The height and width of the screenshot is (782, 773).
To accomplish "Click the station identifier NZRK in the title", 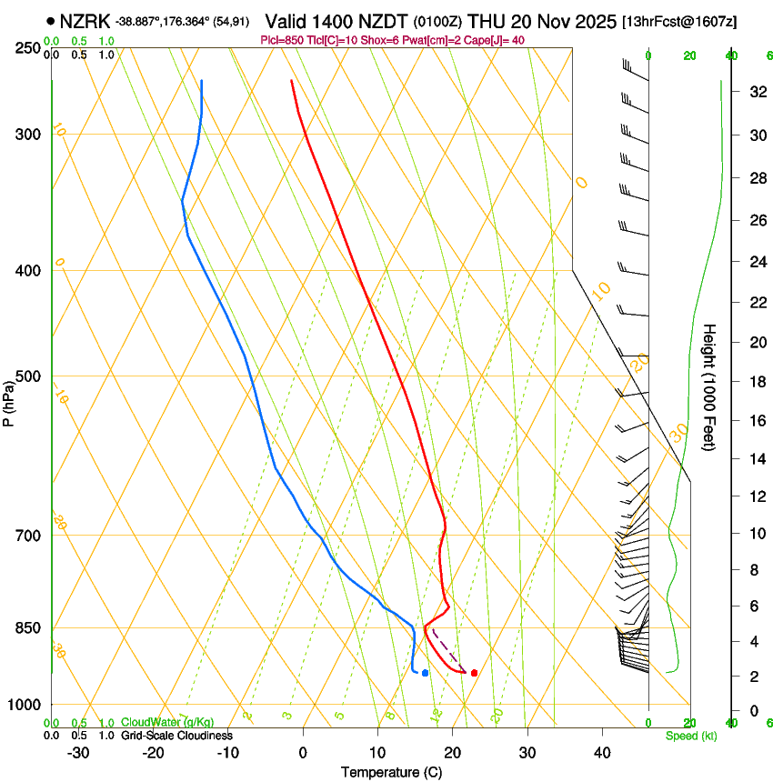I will pos(85,21).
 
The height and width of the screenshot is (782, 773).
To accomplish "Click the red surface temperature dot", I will pos(474,673).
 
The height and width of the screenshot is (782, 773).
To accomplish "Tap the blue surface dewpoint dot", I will pos(425,673).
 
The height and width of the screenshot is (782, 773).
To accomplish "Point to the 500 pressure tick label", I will pos(28,376).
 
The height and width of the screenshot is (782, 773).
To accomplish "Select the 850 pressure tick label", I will pos(28,628).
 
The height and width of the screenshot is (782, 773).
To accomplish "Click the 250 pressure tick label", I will pos(28,47).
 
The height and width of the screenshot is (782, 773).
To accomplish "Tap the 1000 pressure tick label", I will pos(25,705).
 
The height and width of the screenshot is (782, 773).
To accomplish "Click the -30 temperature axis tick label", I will pos(77,753).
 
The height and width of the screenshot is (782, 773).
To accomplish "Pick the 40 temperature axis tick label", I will pos(602,753).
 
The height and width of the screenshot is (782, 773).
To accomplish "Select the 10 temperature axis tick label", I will pos(377,753).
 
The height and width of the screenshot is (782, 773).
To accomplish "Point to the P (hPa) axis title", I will pos(9,399).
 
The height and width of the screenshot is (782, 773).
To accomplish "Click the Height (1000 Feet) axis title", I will pos(709,387).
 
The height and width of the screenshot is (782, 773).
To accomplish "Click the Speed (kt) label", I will pos(690,736).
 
